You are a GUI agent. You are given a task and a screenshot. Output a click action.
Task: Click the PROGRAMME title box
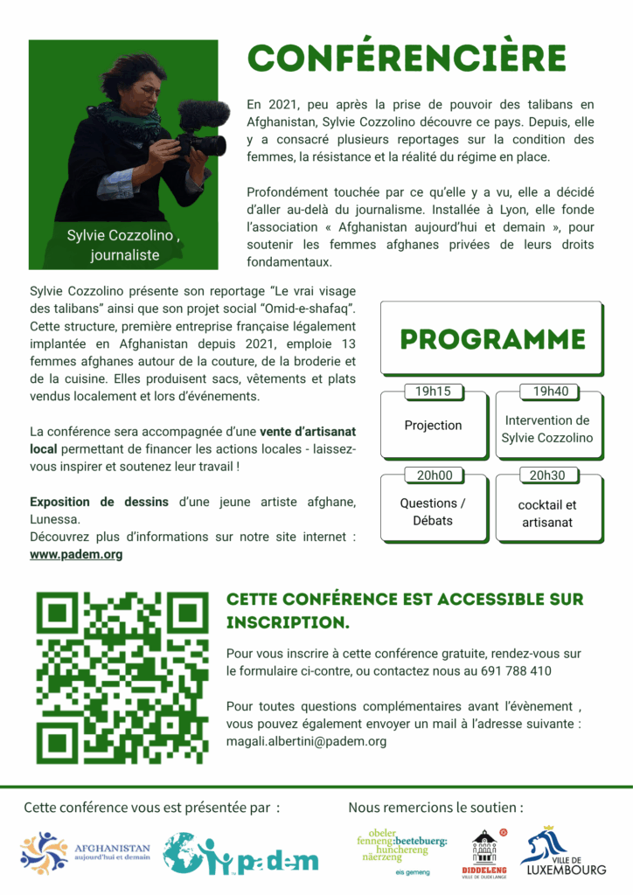(491, 339)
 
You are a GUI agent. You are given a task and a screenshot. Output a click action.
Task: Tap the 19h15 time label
(433, 392)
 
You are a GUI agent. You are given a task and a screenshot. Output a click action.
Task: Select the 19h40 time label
(549, 392)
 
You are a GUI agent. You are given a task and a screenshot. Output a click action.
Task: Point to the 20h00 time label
(433, 475)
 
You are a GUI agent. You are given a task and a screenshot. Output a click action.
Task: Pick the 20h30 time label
(548, 475)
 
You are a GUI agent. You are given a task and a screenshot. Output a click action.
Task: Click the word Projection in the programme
(433, 426)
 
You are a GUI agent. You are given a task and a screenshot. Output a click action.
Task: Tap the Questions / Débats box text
(433, 512)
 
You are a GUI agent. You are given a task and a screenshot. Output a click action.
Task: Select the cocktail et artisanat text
(547, 514)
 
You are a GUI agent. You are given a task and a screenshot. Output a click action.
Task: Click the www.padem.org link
(76, 554)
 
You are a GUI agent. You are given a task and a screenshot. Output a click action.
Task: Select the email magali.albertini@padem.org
(306, 741)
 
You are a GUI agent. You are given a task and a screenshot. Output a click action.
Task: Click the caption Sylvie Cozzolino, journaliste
(124, 246)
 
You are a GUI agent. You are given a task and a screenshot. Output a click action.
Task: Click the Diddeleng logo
(484, 852)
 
